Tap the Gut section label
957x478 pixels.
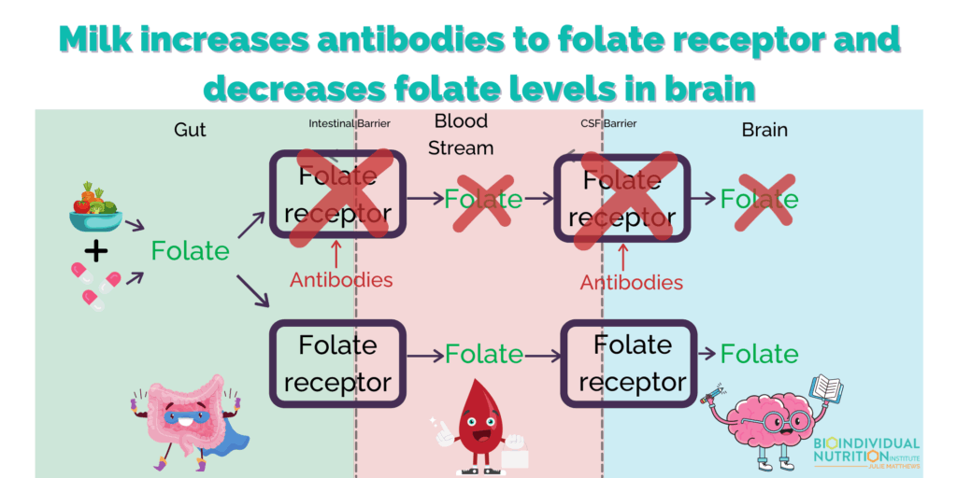click(190, 130)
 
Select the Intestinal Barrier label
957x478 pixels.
click(350, 124)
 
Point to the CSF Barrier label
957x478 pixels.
click(608, 124)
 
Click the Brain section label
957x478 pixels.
click(764, 130)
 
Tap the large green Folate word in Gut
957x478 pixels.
click(191, 250)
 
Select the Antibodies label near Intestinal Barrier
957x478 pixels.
click(340, 280)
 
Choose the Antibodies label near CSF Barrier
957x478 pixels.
click(631, 282)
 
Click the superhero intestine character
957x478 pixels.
click(185, 421)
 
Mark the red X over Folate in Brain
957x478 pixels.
click(764, 203)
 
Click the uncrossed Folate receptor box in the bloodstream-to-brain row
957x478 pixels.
click(629, 364)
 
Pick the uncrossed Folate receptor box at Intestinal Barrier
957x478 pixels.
click(338, 364)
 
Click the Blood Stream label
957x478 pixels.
click(461, 134)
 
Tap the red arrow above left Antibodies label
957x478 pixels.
click(335, 254)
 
